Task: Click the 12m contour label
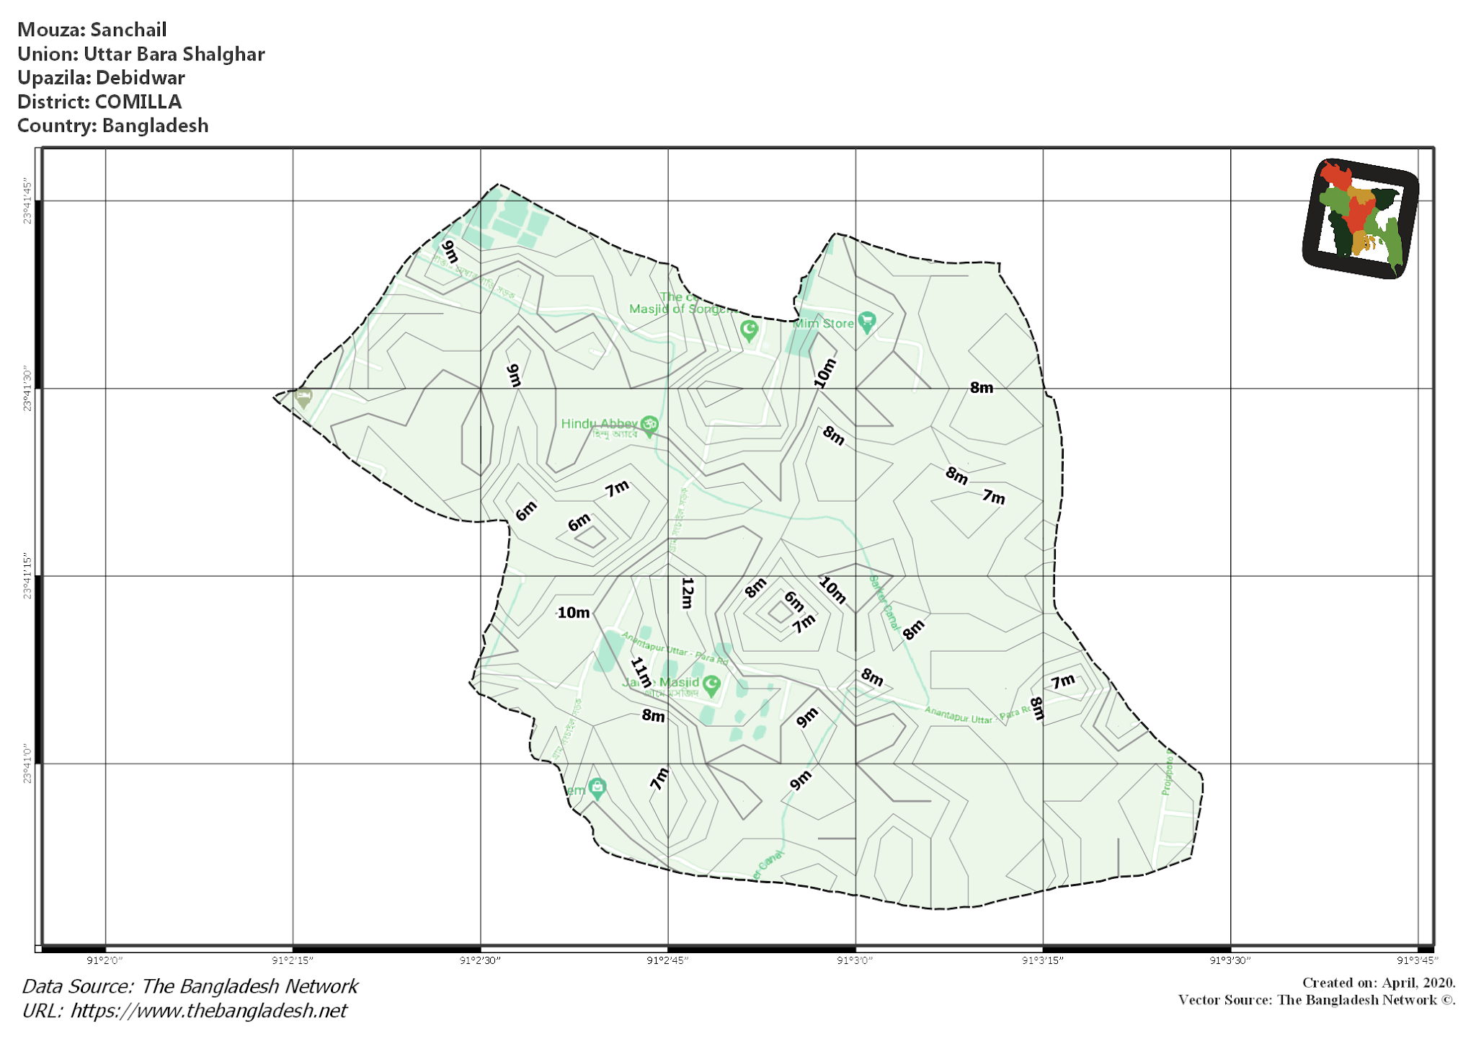click(687, 593)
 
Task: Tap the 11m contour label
click(641, 672)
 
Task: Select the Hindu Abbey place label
click(599, 423)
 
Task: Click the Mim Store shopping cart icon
click(867, 322)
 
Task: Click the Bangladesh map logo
click(1361, 218)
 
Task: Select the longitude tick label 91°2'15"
click(292, 960)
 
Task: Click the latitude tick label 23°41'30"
click(27, 389)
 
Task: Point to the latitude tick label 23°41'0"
click(27, 764)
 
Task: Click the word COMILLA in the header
click(138, 102)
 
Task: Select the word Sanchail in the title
click(128, 30)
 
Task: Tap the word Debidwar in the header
click(141, 78)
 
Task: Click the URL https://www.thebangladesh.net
click(208, 1011)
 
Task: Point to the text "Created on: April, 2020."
click(1378, 983)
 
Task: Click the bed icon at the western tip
click(304, 397)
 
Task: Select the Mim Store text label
click(823, 324)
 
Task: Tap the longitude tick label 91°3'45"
click(1417, 960)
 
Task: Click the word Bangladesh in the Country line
click(155, 125)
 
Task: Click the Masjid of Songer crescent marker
click(750, 330)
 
